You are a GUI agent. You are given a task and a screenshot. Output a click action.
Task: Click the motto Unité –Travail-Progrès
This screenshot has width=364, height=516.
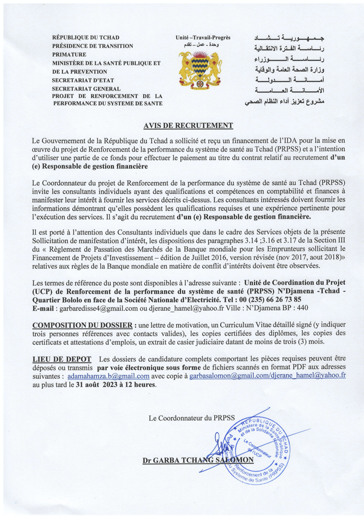(203, 38)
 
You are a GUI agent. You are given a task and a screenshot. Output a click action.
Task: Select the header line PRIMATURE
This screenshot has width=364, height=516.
(69, 54)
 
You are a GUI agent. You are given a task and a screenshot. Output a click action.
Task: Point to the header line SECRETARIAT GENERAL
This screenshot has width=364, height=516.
(86, 88)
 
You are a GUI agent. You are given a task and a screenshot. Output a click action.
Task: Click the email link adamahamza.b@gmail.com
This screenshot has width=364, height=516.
(108, 376)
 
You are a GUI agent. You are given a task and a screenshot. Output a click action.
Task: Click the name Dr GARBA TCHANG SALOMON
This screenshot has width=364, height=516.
(198, 460)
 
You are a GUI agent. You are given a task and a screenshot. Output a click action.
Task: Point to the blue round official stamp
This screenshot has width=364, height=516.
(260, 448)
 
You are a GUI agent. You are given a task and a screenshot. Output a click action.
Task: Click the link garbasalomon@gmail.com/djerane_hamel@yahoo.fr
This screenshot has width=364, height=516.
(267, 376)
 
